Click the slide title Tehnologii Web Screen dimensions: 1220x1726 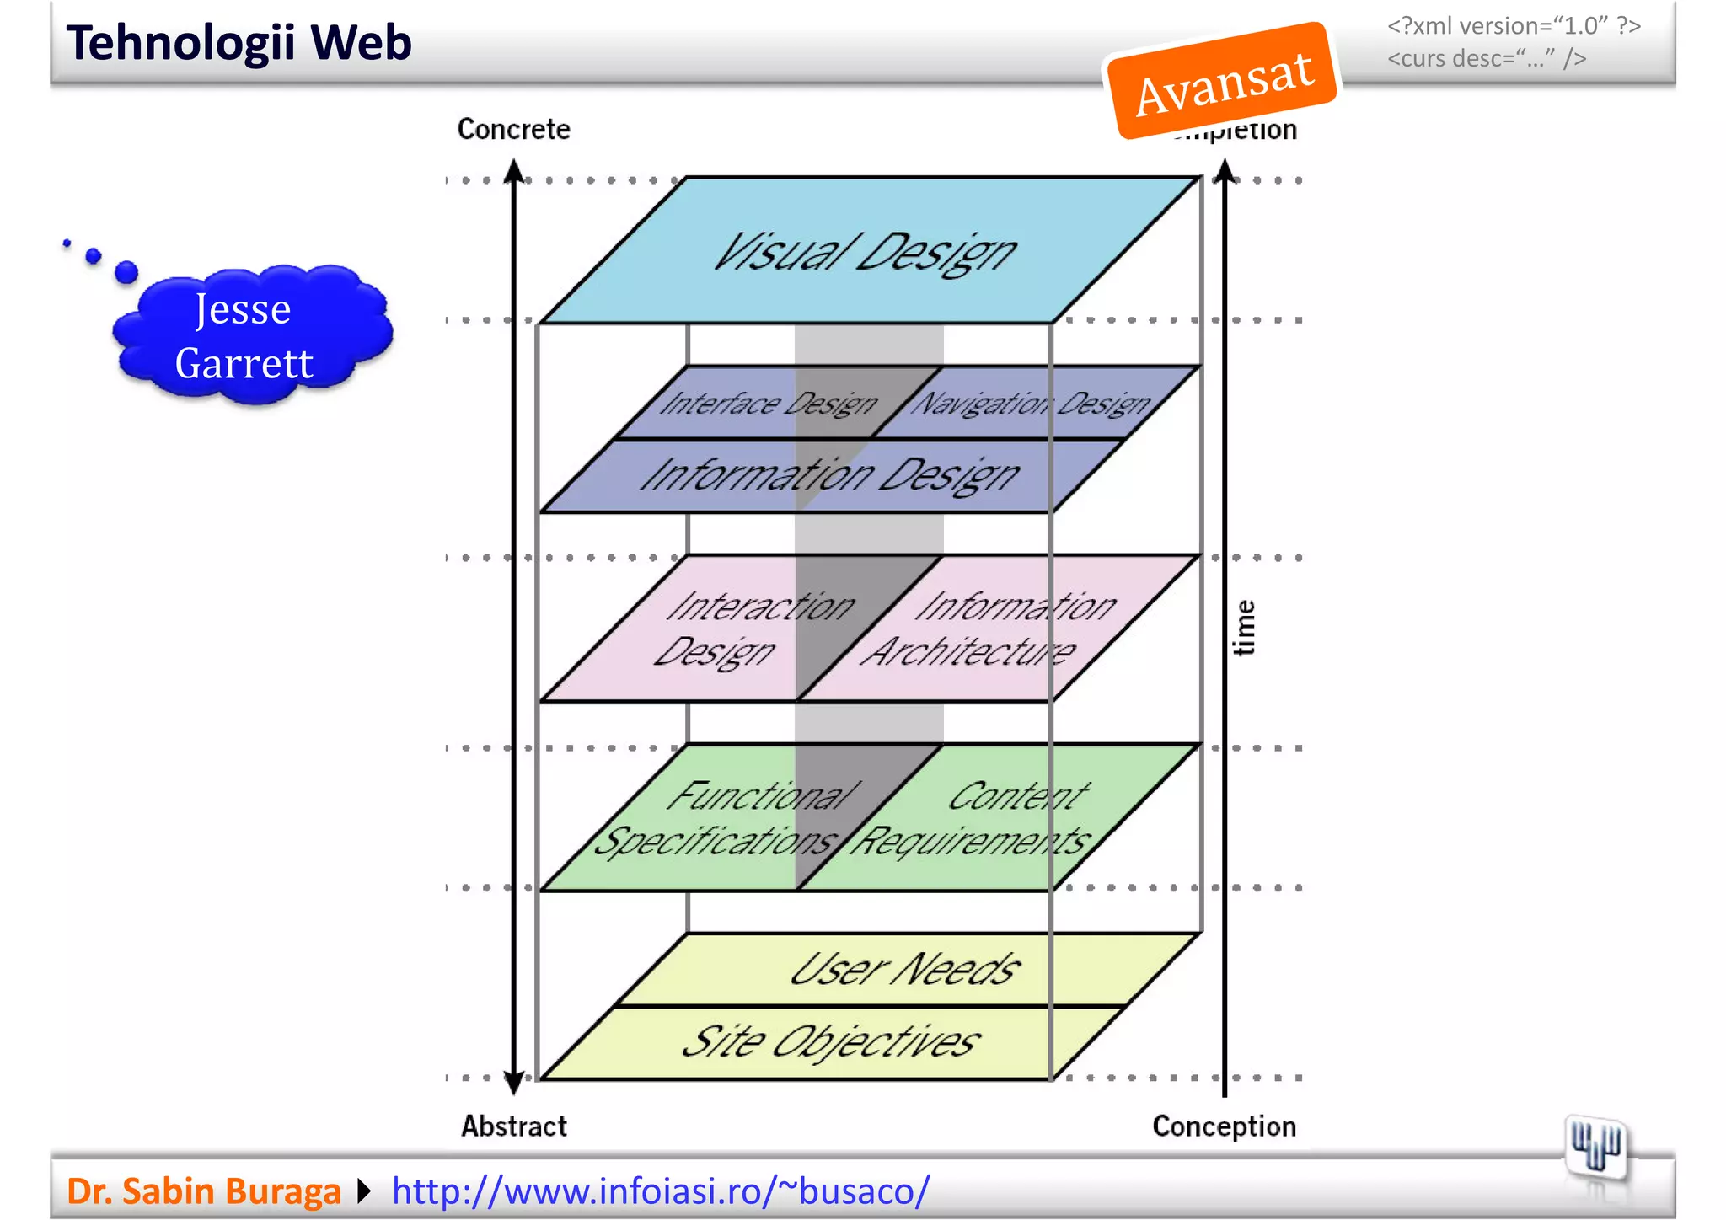(x=239, y=43)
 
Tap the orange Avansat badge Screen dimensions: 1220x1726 (x=1223, y=81)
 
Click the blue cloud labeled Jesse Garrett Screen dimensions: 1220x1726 (x=244, y=336)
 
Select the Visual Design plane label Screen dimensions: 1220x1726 (x=866, y=252)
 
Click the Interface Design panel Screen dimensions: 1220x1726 (x=767, y=404)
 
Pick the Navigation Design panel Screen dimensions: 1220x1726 (x=1033, y=404)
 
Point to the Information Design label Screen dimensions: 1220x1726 (x=830, y=475)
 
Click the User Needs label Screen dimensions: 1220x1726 (x=905, y=970)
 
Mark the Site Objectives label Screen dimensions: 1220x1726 (x=830, y=1042)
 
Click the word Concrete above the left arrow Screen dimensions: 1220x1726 (x=513, y=129)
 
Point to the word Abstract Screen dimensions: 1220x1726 (x=513, y=1126)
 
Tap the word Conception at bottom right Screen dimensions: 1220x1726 (x=1224, y=1126)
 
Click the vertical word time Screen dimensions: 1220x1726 (x=1244, y=628)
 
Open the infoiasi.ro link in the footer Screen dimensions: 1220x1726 (x=661, y=1191)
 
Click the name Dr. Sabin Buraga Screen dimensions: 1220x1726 (x=203, y=1191)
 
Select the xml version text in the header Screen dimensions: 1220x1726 (x=1514, y=26)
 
